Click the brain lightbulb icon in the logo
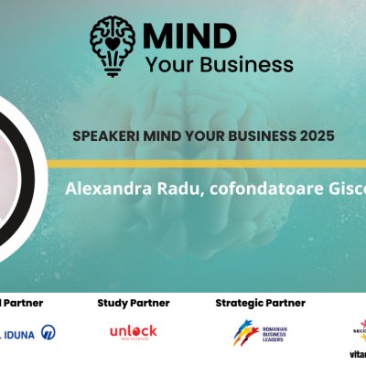(x=112, y=43)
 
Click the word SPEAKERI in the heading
(x=102, y=135)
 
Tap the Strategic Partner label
(x=260, y=303)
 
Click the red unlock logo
(x=134, y=331)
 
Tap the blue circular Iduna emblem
(x=48, y=333)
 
